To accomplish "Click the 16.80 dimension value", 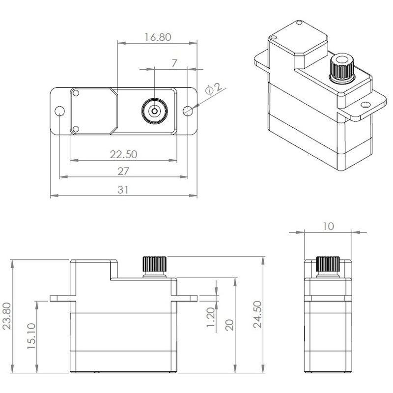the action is (158, 37).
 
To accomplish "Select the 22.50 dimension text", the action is (124, 154).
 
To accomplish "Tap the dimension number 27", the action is (123, 171).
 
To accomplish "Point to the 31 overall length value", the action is (123, 190).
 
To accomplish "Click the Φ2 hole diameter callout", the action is (214, 89).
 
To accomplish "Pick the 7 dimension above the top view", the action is (174, 63).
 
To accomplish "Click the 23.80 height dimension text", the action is (7, 316).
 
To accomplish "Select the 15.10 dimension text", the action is (31, 336).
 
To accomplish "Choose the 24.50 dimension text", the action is (257, 314).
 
